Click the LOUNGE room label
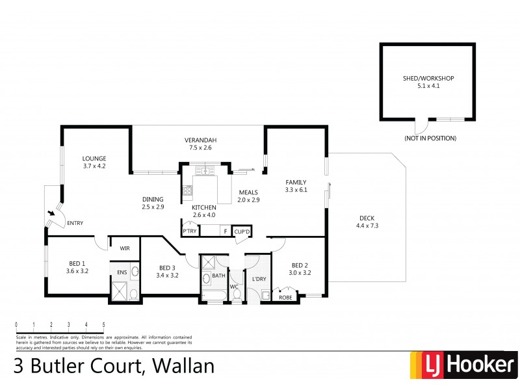coord(94,158)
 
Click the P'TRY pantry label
coord(190,231)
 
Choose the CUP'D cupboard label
coord(242,231)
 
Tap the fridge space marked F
coord(225,231)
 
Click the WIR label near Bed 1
coord(124,248)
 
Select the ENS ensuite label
coord(122,272)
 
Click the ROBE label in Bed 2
coord(285,298)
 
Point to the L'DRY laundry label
coord(258,279)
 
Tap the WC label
coord(234,286)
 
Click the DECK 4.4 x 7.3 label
coord(367,222)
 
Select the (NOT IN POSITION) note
coord(430,138)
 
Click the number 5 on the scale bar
coord(103,324)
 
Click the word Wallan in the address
coord(183,366)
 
